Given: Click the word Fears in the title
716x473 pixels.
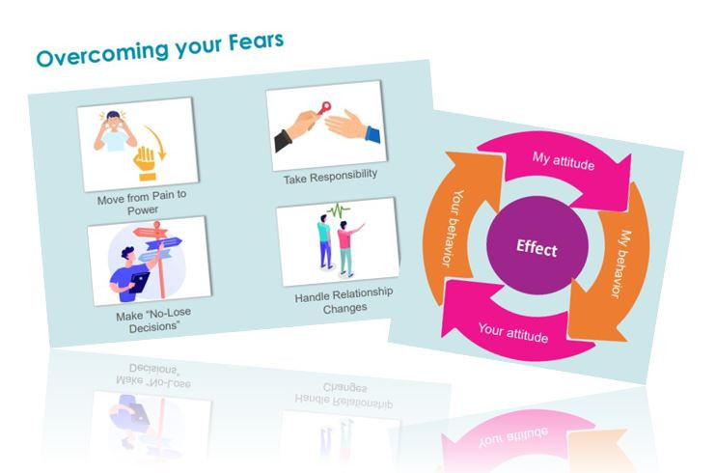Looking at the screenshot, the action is point(256,42).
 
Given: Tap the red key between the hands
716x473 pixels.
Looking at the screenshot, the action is point(324,108).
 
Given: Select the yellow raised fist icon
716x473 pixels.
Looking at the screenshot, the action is point(145,163).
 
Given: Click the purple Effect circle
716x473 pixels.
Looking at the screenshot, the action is point(537,246).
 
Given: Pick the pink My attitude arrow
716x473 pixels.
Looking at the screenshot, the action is point(562,164).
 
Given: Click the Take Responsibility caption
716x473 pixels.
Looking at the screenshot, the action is point(330,177).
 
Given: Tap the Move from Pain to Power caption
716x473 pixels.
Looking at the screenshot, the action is point(142,203).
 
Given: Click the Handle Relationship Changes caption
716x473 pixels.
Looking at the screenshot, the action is point(344,301).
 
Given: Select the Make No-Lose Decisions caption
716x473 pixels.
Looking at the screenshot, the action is point(153,320).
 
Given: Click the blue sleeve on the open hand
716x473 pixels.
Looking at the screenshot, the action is point(373,134).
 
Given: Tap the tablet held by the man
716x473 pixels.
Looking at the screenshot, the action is point(139,282).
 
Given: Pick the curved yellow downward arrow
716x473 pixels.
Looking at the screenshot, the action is point(157,142).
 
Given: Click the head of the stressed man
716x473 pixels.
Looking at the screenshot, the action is point(113,120).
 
